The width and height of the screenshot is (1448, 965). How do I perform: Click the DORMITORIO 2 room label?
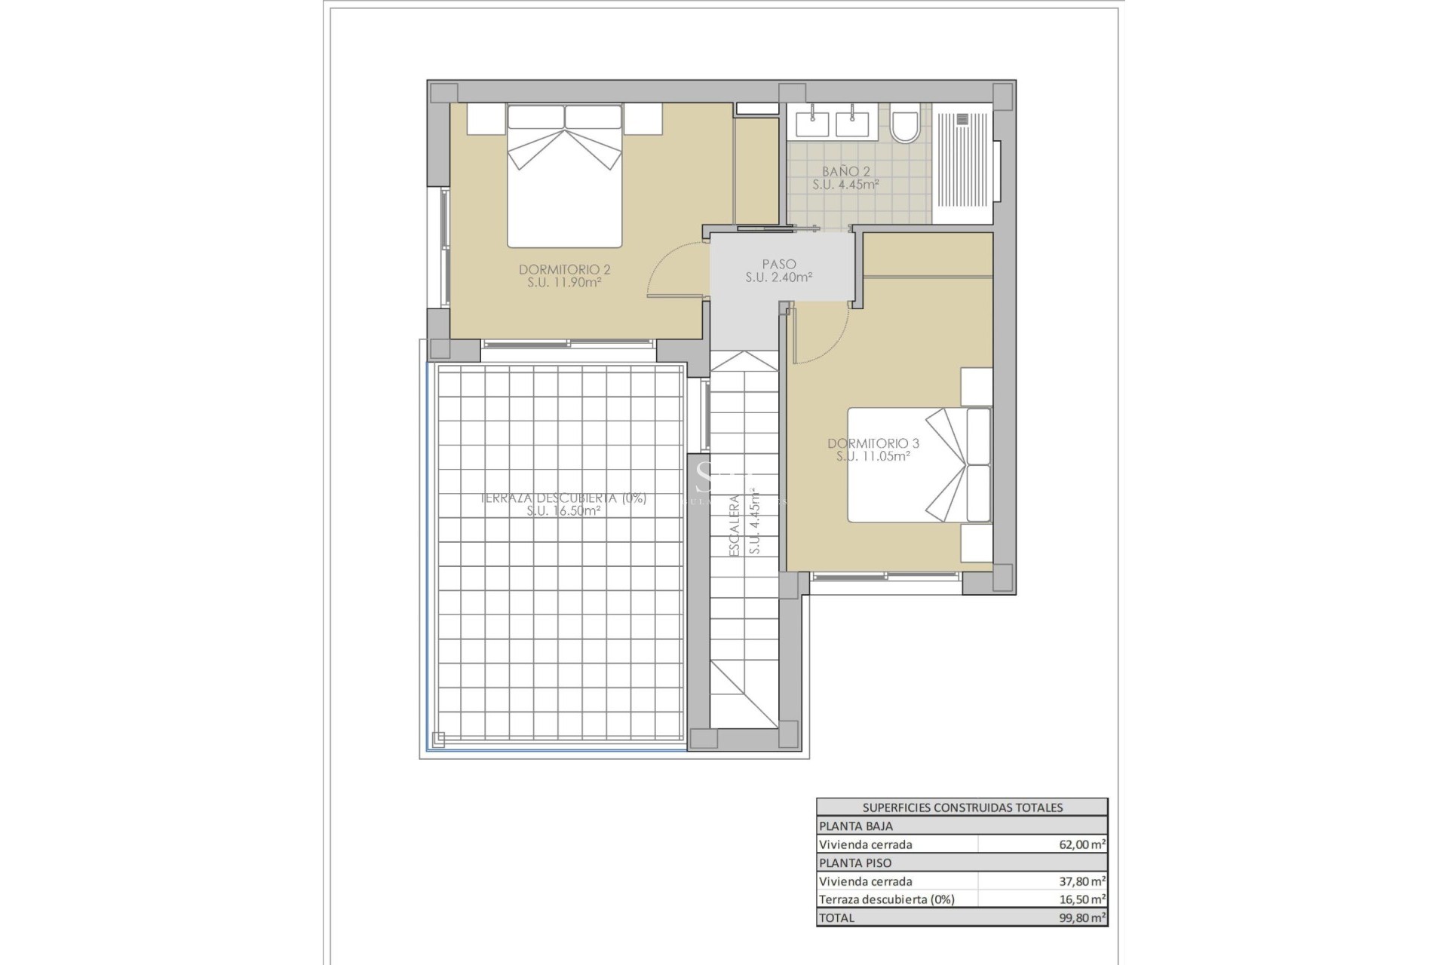click(x=564, y=270)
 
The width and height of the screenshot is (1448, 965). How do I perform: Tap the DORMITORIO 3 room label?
click(x=873, y=443)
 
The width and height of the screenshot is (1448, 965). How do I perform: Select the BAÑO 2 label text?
click(x=845, y=172)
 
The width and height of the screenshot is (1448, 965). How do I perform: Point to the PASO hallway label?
click(x=778, y=265)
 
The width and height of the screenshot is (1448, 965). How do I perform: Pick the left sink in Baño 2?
click(x=811, y=122)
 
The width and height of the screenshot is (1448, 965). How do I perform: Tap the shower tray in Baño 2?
click(x=962, y=164)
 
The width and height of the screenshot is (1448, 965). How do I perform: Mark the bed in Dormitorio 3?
click(x=919, y=465)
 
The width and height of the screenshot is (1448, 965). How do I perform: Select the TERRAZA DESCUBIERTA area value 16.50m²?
click(x=564, y=511)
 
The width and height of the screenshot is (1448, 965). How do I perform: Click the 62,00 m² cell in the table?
click(x=1081, y=844)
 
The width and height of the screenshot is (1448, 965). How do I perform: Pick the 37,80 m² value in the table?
click(x=1081, y=881)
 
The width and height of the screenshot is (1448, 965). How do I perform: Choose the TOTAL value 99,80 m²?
click(x=1081, y=918)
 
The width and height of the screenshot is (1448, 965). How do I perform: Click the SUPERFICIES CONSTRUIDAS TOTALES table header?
click(x=962, y=807)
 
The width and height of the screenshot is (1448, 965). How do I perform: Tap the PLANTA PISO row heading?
click(x=855, y=862)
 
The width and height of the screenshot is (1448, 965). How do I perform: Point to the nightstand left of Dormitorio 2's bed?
click(x=485, y=119)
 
